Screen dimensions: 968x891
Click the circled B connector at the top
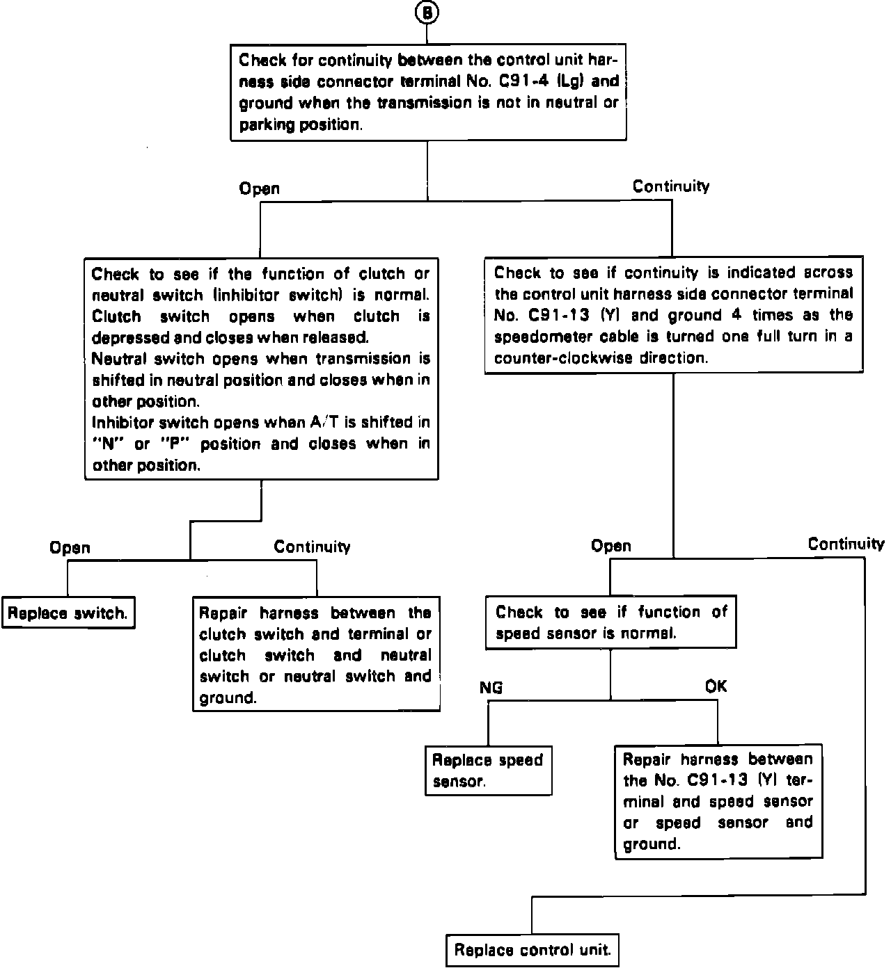tap(427, 13)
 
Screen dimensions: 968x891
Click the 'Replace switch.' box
tap(68, 614)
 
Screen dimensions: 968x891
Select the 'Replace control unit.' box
tap(533, 950)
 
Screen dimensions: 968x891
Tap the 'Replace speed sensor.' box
tap(488, 771)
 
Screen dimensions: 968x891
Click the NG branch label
tap(491, 688)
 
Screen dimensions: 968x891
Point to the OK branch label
tap(716, 686)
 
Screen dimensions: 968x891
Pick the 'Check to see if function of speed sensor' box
tap(610, 622)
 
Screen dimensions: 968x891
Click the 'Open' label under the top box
tap(259, 188)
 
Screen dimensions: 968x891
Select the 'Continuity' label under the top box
tap(670, 186)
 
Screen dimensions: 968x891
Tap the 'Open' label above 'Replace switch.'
tap(70, 548)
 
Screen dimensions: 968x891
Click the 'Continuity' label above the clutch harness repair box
tap(312, 547)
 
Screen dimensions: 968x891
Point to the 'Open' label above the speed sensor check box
tap(611, 546)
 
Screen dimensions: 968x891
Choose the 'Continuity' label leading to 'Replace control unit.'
tap(846, 544)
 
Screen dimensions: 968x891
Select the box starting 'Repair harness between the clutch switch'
tap(315, 654)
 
